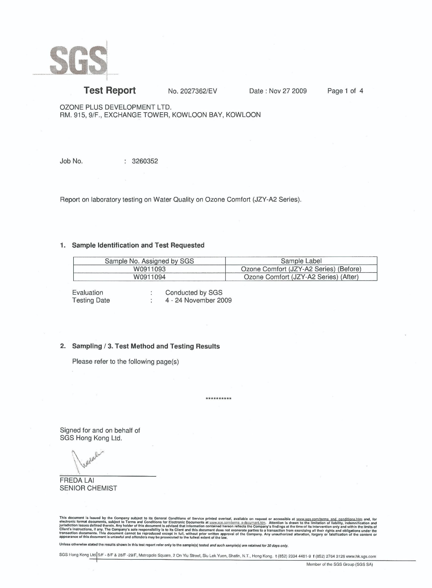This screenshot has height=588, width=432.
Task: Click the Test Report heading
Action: pyautogui.click(x=109, y=90)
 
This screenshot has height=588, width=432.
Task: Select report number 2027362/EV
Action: pyautogui.click(x=192, y=91)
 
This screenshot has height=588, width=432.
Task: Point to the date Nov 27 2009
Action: pyautogui.click(x=288, y=91)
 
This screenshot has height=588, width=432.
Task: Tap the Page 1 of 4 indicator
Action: pyautogui.click(x=345, y=91)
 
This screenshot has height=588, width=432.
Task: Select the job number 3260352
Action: pyautogui.click(x=145, y=161)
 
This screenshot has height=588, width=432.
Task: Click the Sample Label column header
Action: pyautogui.click(x=301, y=261)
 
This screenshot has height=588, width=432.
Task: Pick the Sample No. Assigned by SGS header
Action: pyautogui.click(x=149, y=261)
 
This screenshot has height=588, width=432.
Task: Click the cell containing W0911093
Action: pyautogui.click(x=149, y=269)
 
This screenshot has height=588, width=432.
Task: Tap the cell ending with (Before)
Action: pyautogui.click(x=301, y=269)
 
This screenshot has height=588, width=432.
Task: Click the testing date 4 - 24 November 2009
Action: pyautogui.click(x=198, y=300)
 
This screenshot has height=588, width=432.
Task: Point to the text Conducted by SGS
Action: pyautogui.click(x=194, y=292)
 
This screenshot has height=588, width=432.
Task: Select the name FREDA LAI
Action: pyautogui.click(x=77, y=480)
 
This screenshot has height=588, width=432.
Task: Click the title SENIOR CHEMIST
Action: pyautogui.click(x=88, y=488)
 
